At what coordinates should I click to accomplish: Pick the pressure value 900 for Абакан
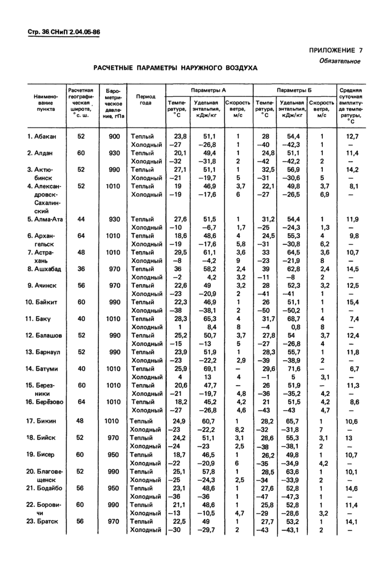[x=113, y=136]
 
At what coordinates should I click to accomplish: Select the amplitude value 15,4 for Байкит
[x=352, y=302]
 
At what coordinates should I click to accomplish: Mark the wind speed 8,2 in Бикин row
[x=240, y=430]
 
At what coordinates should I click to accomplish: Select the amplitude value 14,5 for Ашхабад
[x=352, y=269]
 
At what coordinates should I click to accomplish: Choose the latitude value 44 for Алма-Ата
[x=81, y=219]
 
